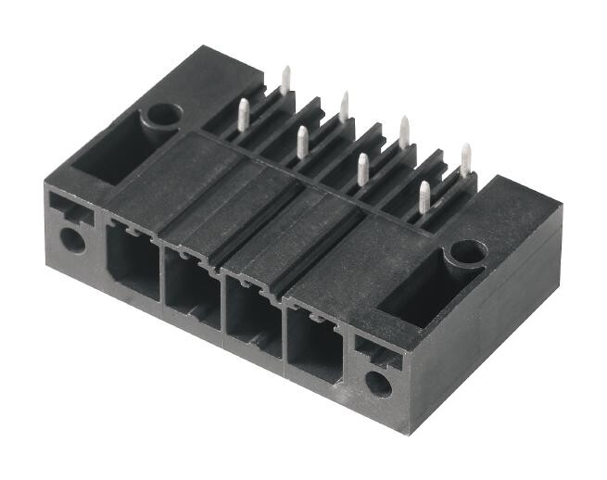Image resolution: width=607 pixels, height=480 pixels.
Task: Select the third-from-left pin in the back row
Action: click(x=404, y=131)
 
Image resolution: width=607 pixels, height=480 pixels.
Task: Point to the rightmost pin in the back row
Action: click(x=465, y=158)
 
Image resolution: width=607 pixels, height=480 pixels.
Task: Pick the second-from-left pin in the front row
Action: click(x=302, y=141)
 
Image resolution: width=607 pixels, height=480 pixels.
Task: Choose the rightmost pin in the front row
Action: click(x=424, y=196)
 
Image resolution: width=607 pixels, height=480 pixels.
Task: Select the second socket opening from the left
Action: click(x=192, y=287)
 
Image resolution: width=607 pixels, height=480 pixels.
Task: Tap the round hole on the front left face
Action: click(x=72, y=240)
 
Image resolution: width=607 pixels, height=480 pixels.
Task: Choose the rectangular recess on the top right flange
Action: click(x=416, y=294)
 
